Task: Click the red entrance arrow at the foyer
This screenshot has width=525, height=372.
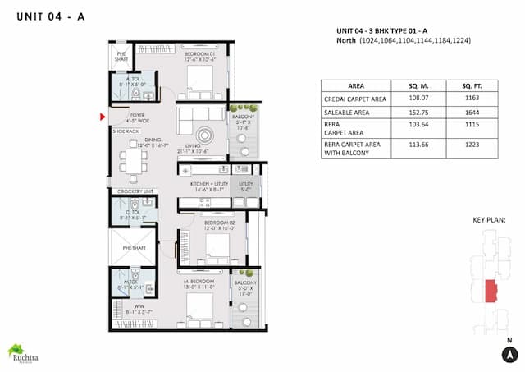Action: (x=102, y=117)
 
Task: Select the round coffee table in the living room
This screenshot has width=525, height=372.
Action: (x=204, y=134)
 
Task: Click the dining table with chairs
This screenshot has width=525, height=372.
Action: (x=133, y=161)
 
